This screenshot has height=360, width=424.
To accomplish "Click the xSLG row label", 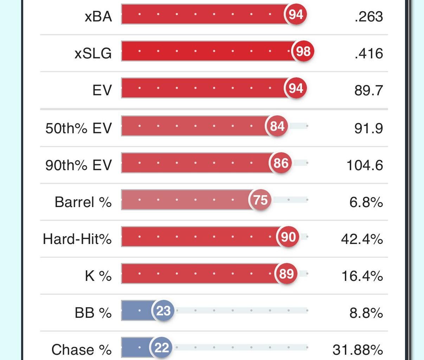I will coord(93,53).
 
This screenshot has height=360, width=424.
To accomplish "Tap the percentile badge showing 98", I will coord(303,51).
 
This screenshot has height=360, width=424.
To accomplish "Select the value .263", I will coord(368,17).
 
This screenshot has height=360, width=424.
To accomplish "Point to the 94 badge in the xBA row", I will coord(296,14).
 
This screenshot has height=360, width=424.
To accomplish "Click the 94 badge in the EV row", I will coord(296,88).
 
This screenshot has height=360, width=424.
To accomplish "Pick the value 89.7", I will coord(368,90).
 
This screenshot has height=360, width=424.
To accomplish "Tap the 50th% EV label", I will coord(78,128).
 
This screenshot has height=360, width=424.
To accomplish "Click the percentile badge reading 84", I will coord(277,126).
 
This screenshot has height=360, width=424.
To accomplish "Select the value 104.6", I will coord(365,165).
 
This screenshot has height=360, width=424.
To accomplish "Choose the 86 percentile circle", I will coord(281,163).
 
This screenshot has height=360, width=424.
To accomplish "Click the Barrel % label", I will coord(83,202).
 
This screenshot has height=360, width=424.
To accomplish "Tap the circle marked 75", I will coord(261,200).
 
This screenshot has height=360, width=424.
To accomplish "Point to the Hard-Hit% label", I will coord(77,239).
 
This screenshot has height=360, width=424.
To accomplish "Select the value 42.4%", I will coord(362,239).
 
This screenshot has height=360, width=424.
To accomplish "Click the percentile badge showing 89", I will coord(286,274).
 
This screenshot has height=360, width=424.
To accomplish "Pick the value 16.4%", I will coord(362,276).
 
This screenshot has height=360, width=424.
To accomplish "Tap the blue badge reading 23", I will coord(163,311).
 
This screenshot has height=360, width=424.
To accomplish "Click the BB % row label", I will coord(93,313).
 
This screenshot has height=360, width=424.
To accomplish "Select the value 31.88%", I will coord(358,350).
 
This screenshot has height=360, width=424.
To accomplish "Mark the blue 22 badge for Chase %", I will coord(162,348).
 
